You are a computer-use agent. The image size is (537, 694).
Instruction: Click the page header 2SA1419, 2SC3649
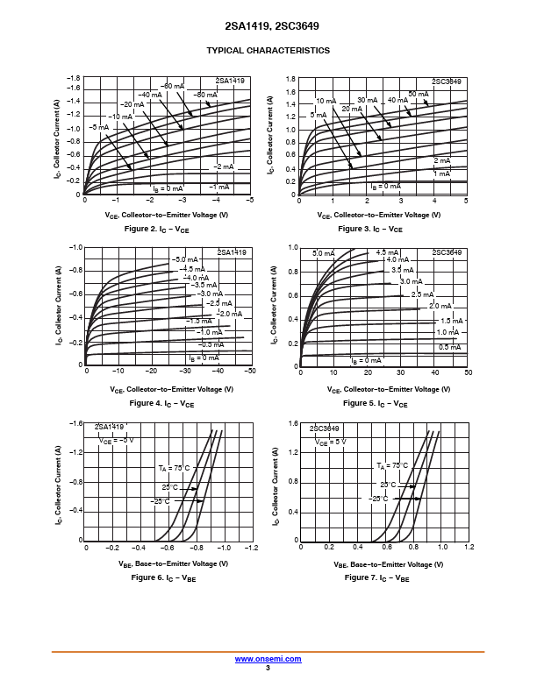pos(268,26)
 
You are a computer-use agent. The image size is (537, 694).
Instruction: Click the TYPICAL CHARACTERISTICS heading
pos(268,51)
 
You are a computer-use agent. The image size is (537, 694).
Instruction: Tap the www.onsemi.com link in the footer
pos(268,659)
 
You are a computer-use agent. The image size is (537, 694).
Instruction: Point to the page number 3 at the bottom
pos(268,668)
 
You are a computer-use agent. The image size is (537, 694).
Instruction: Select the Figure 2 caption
pos(159,230)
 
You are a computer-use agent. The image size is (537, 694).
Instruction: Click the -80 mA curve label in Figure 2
pos(205,95)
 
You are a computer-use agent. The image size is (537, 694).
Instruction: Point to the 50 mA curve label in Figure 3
pos(418,94)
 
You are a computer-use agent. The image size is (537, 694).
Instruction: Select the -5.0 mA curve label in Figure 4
pos(184,260)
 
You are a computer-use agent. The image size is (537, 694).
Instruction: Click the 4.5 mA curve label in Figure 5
pos(388,253)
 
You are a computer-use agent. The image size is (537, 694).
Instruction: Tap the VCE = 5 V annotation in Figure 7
pos(332,443)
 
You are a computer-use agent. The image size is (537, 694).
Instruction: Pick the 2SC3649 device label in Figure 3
pos(447,81)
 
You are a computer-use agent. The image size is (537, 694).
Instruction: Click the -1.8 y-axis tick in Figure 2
pos(73,78)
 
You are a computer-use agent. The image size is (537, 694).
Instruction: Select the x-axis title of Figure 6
pos(166,563)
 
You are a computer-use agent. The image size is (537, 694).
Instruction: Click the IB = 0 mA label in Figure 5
pos(366,360)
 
